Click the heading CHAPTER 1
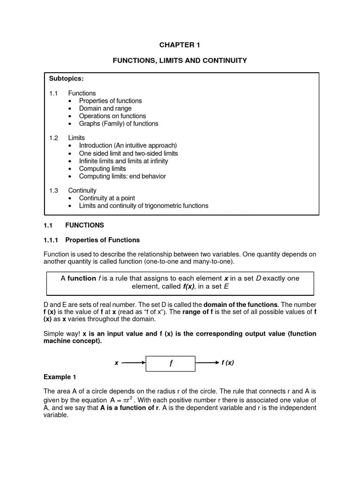[180, 45]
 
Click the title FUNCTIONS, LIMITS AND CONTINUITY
[180, 61]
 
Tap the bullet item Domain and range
[105, 108]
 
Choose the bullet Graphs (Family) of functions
[118, 124]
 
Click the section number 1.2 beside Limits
[53, 138]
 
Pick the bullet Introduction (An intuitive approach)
[127, 145]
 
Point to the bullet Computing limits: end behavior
[122, 176]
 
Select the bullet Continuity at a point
[107, 198]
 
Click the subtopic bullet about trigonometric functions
[143, 206]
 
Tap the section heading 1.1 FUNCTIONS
[74, 225]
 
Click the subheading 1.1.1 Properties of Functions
[91, 240]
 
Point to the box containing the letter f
[171, 363]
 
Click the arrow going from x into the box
[135, 363]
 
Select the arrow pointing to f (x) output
[207, 363]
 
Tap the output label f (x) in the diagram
[227, 363]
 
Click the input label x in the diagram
[117, 363]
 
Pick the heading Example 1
[60, 377]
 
